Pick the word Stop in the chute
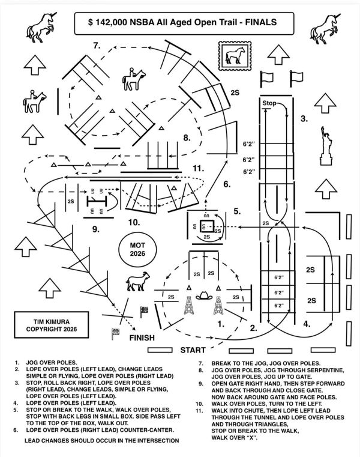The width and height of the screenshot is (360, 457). [x=269, y=103]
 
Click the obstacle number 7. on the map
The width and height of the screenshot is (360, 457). [x=97, y=46]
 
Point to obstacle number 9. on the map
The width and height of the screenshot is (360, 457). [x=96, y=229]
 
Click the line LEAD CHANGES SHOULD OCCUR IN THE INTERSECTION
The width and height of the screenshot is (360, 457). [x=94, y=441]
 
